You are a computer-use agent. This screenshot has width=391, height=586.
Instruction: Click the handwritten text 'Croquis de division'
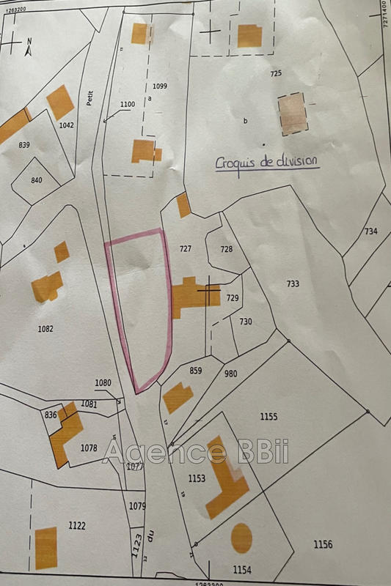pyautogui.click(x=268, y=163)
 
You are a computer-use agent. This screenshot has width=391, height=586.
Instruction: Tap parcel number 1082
pyautogui.click(x=45, y=329)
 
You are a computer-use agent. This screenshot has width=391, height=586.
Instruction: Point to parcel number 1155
pyautogui.click(x=268, y=416)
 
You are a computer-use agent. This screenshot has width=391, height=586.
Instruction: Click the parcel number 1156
pyautogui.click(x=323, y=544)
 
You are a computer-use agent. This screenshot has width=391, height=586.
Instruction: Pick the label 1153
pyautogui.click(x=197, y=478)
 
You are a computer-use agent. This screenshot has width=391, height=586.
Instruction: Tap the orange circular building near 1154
pyautogui.click(x=241, y=538)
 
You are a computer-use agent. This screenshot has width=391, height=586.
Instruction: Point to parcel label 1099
pyautogui.click(x=160, y=86)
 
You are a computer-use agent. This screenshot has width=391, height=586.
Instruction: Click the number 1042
pyautogui.click(x=66, y=125)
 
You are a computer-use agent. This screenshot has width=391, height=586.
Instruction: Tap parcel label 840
pyautogui.click(x=37, y=180)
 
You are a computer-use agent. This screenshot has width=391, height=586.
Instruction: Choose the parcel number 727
pyautogui.click(x=185, y=249)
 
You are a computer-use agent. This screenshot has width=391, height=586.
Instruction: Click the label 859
pyautogui.click(x=195, y=371)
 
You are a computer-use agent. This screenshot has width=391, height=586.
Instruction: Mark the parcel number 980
pyautogui.click(x=231, y=374)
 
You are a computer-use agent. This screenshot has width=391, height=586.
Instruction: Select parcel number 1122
pyautogui.click(x=77, y=525)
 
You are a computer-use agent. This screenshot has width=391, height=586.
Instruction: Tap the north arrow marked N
pyautogui.click(x=28, y=48)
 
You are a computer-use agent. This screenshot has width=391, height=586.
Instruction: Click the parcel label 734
pyautogui.click(x=370, y=231)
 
